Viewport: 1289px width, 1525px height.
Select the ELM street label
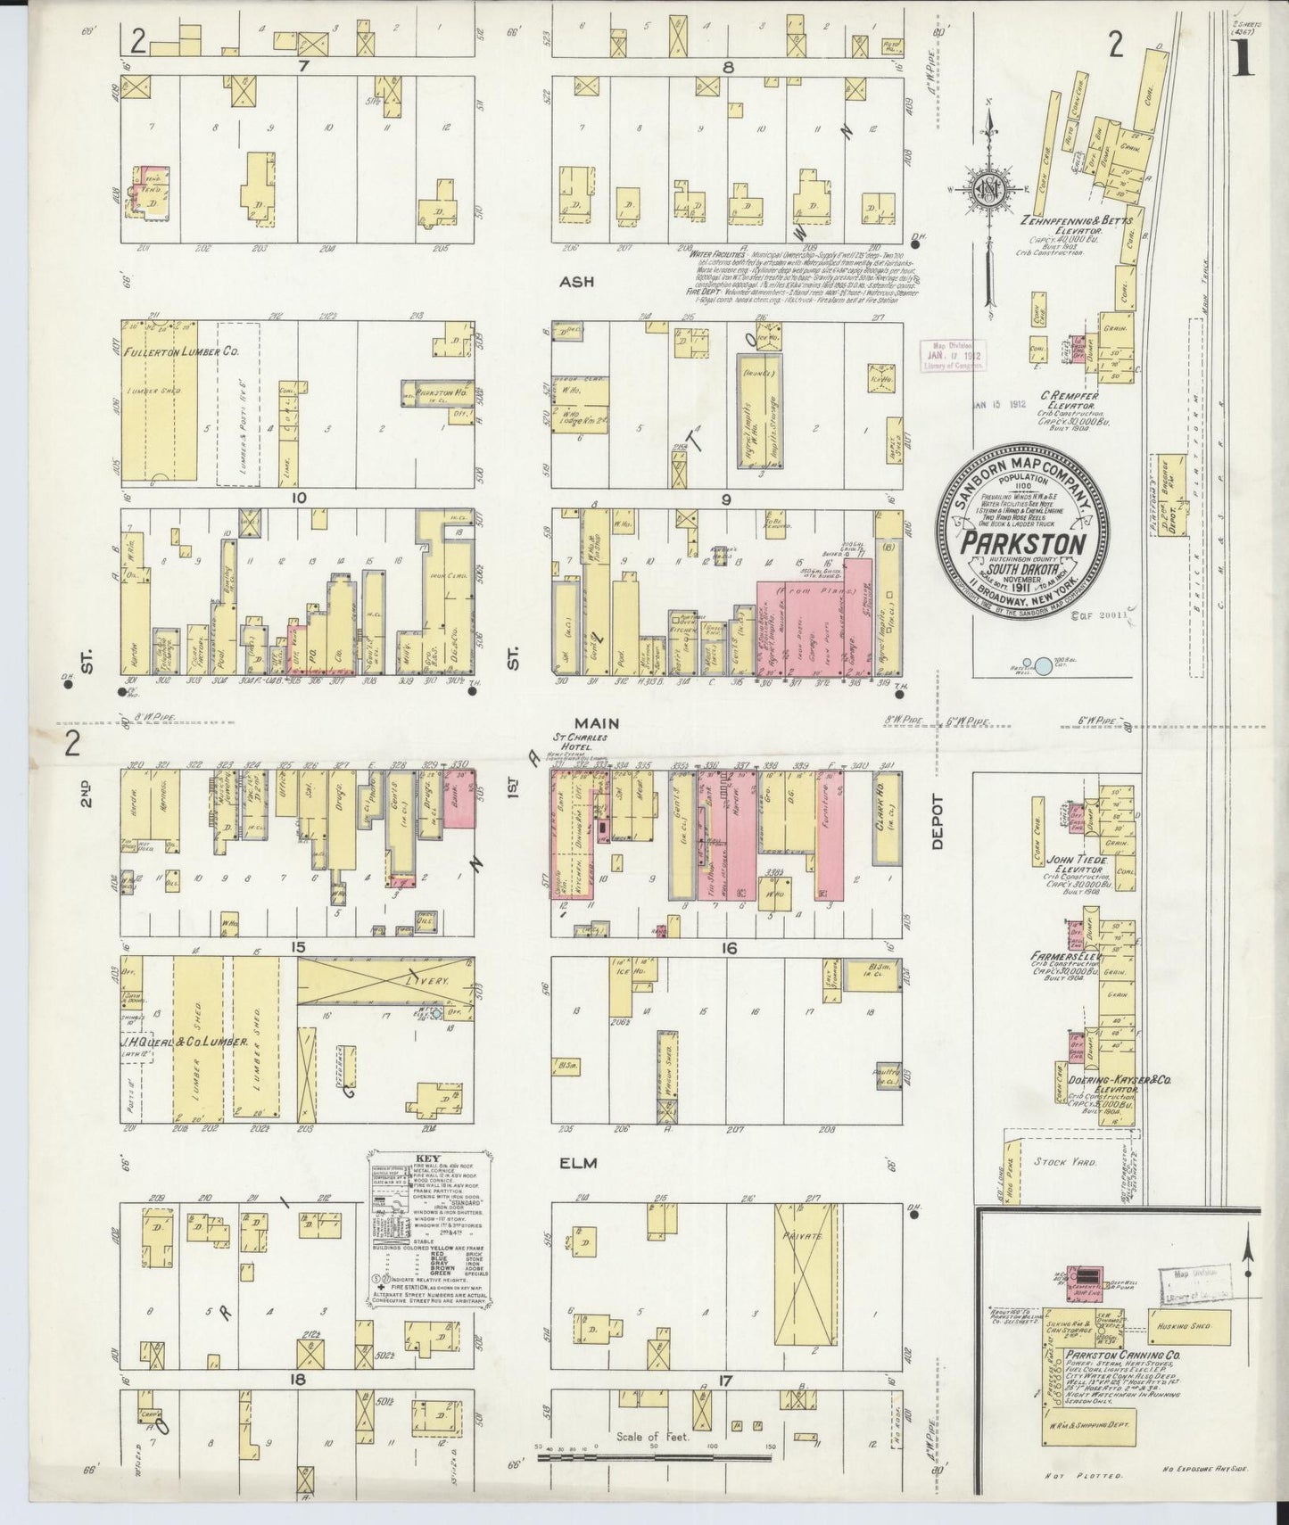click(576, 1163)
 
